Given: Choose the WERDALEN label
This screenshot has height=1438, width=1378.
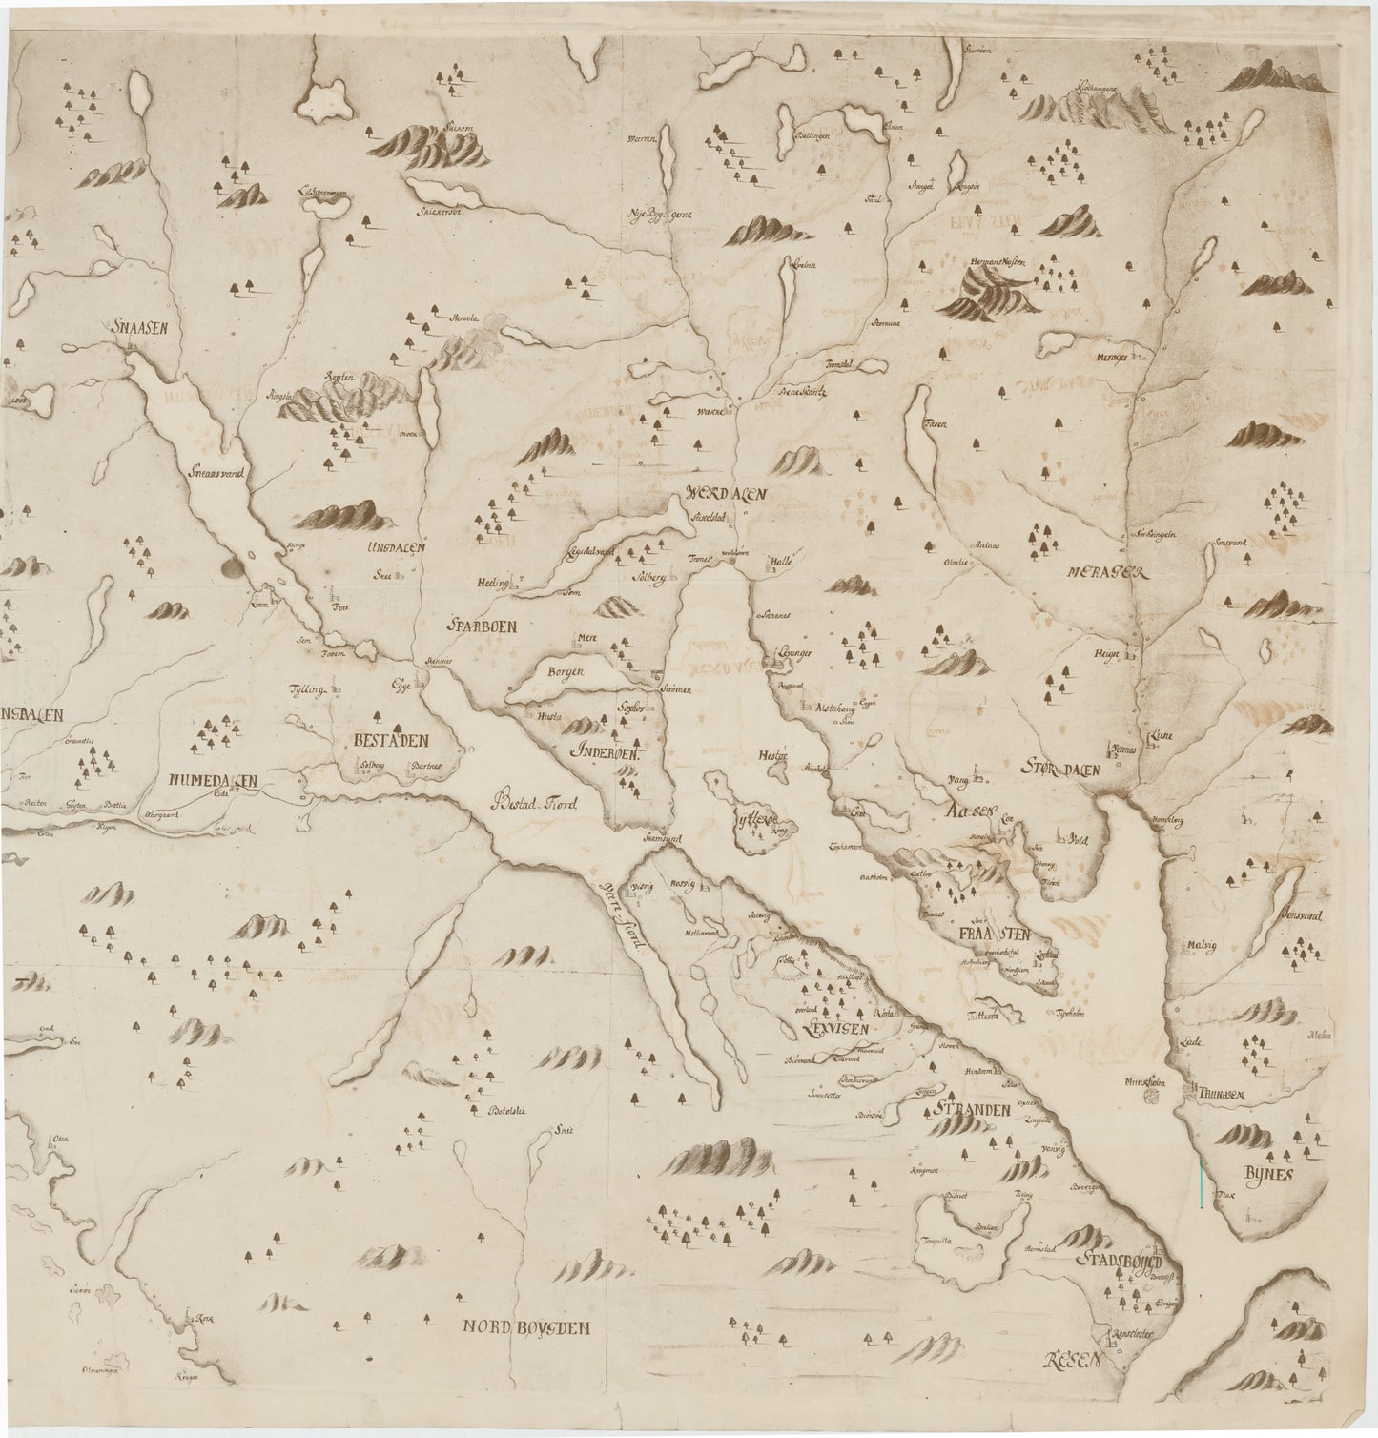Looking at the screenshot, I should click(726, 496).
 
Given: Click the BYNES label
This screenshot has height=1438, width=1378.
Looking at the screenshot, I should click(1266, 1175).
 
